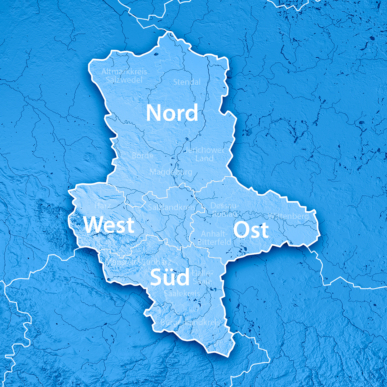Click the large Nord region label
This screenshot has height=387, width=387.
(172, 113)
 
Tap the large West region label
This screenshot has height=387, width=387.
(109, 225)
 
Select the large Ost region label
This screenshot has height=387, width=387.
(251, 230)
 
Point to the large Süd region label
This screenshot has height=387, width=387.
(170, 278)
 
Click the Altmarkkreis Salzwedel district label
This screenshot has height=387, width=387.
(124, 76)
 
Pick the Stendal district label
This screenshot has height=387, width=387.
(187, 82)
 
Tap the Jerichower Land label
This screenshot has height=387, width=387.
(205, 154)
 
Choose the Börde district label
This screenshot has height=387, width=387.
(143, 156)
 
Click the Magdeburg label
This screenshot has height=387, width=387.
(171, 172)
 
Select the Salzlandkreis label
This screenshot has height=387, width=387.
(172, 207)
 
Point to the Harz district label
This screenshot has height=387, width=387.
(103, 206)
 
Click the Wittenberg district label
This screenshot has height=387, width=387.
(289, 216)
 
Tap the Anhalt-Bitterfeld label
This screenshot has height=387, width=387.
(214, 238)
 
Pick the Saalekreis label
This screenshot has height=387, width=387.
(182, 294)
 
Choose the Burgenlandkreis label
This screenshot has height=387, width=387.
(190, 322)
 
